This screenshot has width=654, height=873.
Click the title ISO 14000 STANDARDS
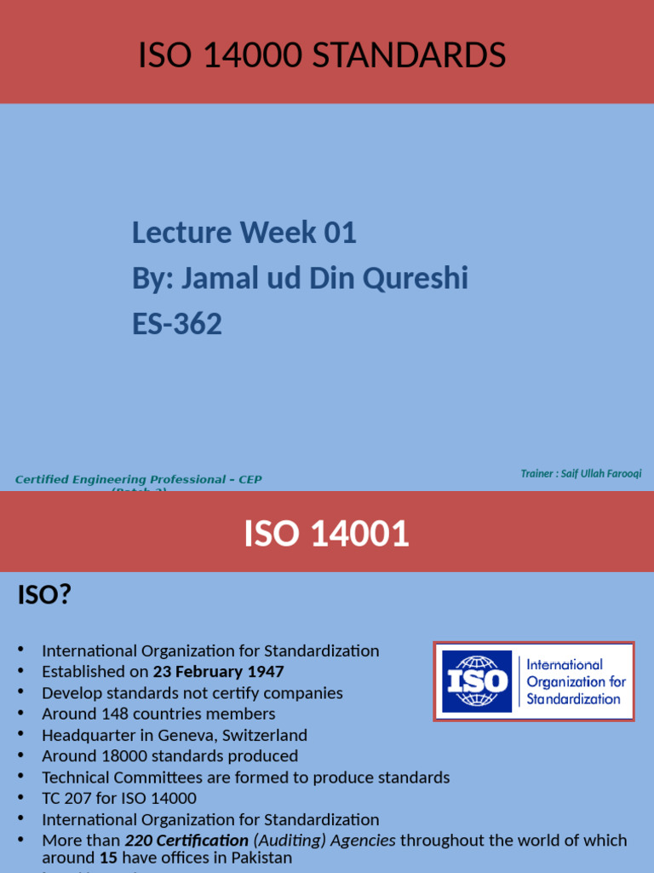coord(322,56)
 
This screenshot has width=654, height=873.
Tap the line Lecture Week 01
coord(244,232)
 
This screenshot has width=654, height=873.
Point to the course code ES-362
coord(177,324)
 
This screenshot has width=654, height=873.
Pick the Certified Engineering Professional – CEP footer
coord(139,480)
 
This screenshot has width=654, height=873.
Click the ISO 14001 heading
coord(326,535)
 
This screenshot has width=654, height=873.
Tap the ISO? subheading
coord(44,594)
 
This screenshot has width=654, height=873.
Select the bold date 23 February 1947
coord(219,672)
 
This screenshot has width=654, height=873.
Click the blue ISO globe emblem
coord(477,681)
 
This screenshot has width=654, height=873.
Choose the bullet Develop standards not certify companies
coord(192,693)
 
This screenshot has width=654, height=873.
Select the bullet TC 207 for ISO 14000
coord(119,798)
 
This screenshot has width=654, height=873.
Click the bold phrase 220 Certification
coord(186,840)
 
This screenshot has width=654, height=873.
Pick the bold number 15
coord(108,858)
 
